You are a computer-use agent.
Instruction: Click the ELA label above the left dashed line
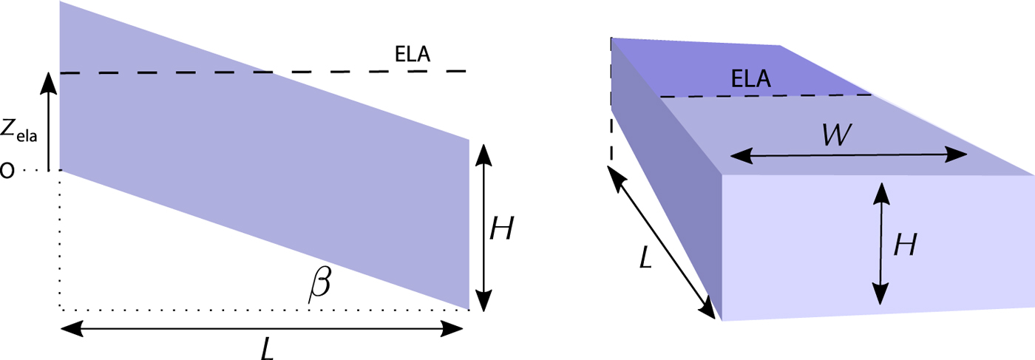point(413,54)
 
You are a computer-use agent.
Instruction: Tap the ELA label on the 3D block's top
point(751,78)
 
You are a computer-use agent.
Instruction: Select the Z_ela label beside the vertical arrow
point(18,130)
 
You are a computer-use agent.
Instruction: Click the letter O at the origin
point(7,171)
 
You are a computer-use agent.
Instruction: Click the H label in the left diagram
point(502,228)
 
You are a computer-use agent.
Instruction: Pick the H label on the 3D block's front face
point(905,245)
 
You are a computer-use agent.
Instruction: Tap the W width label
point(836,135)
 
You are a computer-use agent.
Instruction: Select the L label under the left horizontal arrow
point(268,348)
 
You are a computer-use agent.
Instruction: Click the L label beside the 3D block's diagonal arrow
point(645,257)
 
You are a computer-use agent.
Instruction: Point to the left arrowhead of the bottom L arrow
point(72,328)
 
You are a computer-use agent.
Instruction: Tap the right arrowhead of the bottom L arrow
point(452,328)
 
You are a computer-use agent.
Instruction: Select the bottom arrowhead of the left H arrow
point(483,300)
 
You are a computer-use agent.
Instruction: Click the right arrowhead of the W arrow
point(955,154)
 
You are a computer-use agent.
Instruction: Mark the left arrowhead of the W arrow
point(742,156)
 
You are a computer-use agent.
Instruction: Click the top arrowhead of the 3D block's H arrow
point(881,194)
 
